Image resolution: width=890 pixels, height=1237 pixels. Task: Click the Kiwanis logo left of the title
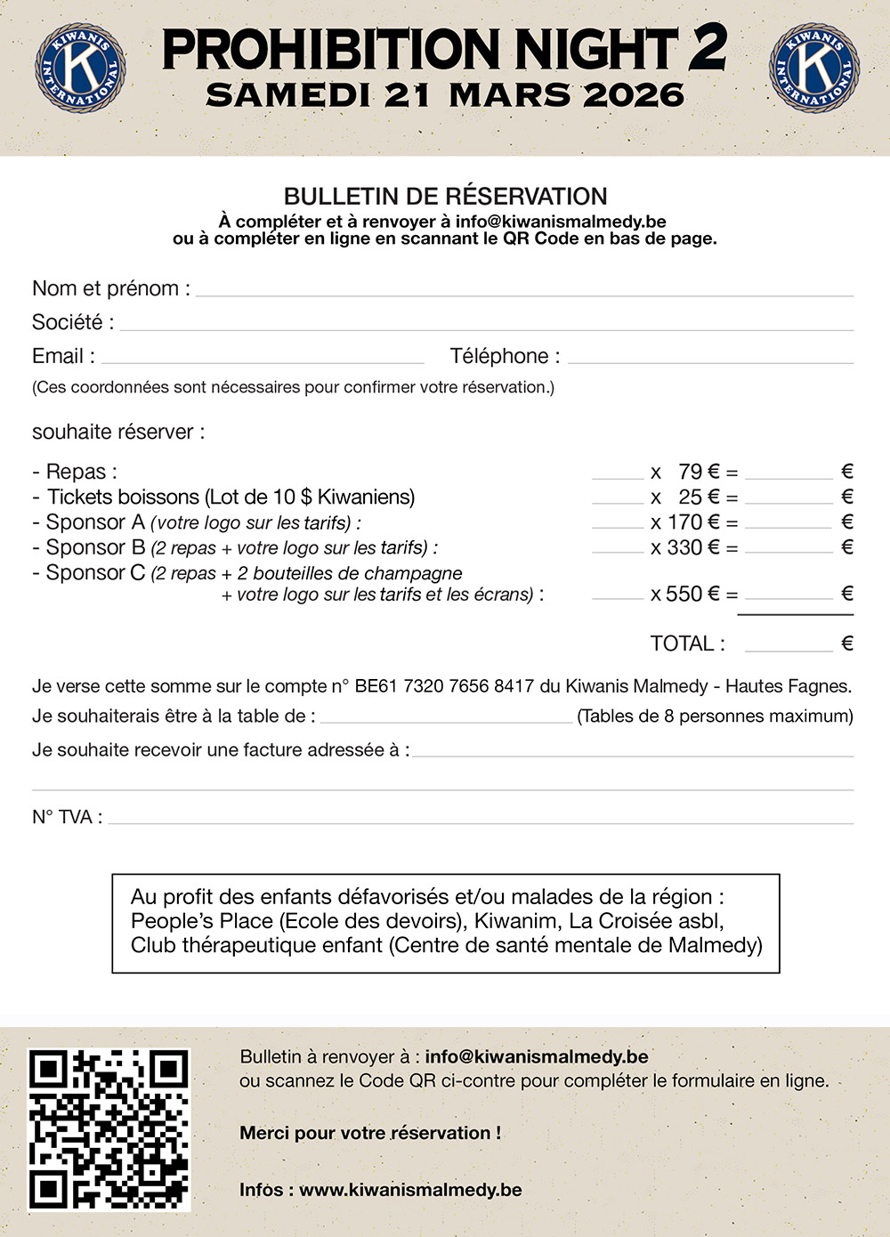[79, 69]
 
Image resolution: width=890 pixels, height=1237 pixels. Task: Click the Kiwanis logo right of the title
[813, 69]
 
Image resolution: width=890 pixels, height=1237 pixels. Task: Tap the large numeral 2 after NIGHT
[708, 49]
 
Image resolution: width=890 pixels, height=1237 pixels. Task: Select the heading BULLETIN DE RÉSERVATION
[445, 197]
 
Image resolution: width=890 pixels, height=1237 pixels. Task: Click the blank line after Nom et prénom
[524, 294]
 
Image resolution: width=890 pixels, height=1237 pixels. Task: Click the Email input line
[263, 361]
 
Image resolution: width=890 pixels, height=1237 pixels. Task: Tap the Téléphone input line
[710, 361]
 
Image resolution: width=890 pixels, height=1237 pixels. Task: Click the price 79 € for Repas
[699, 472]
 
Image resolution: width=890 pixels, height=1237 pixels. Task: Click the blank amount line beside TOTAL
[789, 649]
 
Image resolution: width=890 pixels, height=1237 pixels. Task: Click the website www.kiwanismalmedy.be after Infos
[410, 1190]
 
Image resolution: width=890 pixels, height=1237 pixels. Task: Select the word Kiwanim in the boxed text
[515, 921]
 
